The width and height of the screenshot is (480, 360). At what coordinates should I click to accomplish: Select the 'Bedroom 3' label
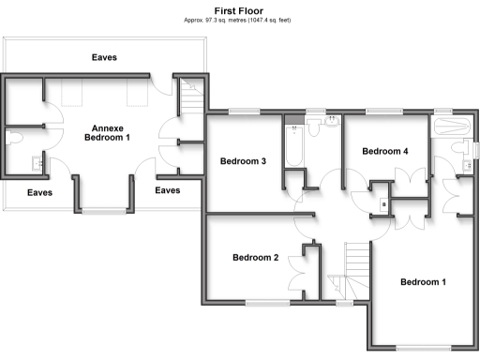pyautogui.click(x=244, y=161)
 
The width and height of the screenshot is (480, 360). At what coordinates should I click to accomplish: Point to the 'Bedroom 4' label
pyautogui.click(x=385, y=151)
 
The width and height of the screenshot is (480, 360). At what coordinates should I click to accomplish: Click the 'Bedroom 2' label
pyautogui.click(x=256, y=257)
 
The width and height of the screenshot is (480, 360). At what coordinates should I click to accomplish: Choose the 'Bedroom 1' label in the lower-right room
pyautogui.click(x=424, y=282)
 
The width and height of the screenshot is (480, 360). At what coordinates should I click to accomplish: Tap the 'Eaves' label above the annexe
pyautogui.click(x=104, y=57)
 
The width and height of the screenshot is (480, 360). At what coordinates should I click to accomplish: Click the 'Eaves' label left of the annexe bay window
pyautogui.click(x=39, y=192)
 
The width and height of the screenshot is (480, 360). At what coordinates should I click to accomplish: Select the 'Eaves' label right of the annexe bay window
pyautogui.click(x=167, y=190)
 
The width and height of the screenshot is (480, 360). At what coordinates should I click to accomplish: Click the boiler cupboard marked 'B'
pyautogui.click(x=382, y=202)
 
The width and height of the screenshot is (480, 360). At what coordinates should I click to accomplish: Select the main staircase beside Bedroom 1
pyautogui.click(x=356, y=267)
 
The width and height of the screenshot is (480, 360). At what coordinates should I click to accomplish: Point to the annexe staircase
pyautogui.click(x=191, y=94)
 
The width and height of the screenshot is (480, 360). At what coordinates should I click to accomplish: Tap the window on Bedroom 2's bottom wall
pyautogui.click(x=268, y=303)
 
